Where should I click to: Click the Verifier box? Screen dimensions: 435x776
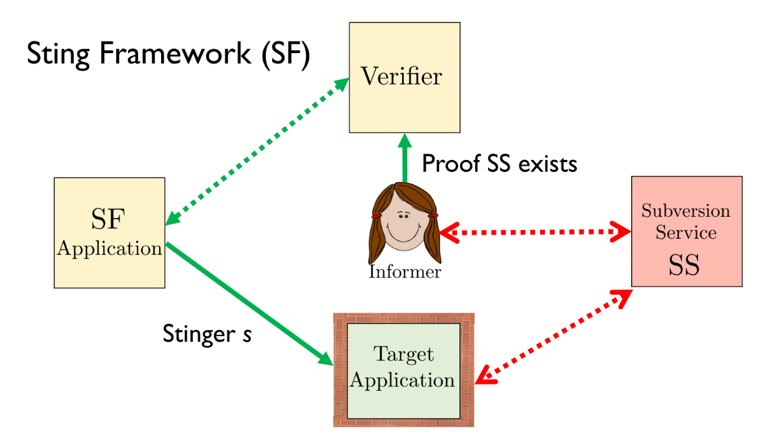(x=404, y=77)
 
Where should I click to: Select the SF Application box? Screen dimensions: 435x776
(x=109, y=232)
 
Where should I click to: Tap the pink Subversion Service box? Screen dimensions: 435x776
(x=687, y=231)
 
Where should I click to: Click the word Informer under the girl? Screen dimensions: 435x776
(x=405, y=272)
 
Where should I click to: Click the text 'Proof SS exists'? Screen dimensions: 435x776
(x=499, y=164)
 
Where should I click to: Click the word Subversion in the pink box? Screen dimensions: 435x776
(x=685, y=211)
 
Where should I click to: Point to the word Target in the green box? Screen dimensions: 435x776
(x=403, y=354)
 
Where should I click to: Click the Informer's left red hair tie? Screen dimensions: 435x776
(x=376, y=216)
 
